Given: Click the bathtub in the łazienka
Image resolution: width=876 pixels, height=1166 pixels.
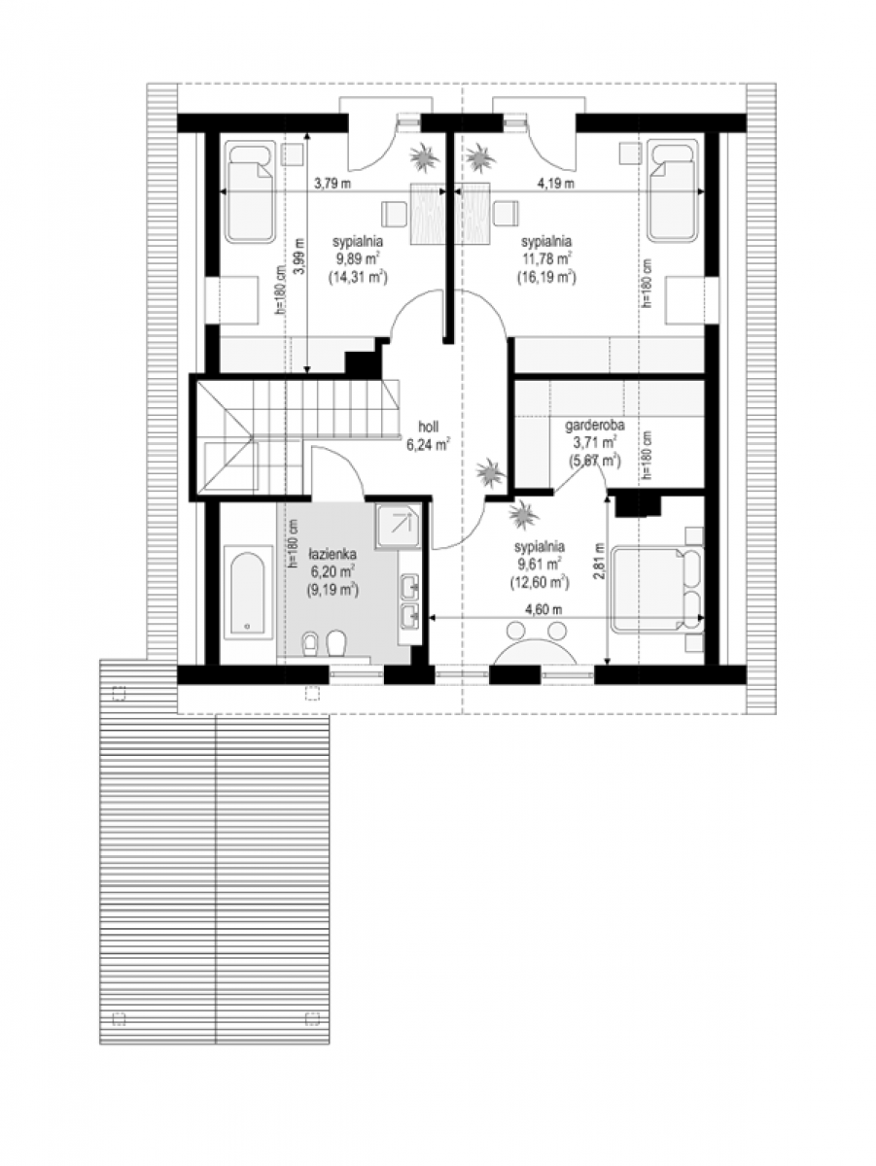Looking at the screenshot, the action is pyautogui.click(x=247, y=593).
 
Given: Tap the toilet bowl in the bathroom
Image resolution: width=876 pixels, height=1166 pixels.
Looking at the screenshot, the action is pyautogui.click(x=335, y=643).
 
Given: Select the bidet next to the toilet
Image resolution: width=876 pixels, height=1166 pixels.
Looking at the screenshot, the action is pyautogui.click(x=310, y=644).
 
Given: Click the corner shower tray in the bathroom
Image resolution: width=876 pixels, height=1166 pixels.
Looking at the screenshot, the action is pyautogui.click(x=398, y=527).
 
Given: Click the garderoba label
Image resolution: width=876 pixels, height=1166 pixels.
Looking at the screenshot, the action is pyautogui.click(x=594, y=425).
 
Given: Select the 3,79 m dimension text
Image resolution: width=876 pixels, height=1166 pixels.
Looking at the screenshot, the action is pyautogui.click(x=333, y=184).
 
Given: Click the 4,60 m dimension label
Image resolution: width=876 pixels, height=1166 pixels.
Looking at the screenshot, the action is pyautogui.click(x=543, y=609).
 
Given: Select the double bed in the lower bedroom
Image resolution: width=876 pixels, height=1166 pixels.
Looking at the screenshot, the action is pyautogui.click(x=657, y=590).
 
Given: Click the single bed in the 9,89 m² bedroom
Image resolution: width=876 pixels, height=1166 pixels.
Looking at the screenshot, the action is pyautogui.click(x=250, y=191).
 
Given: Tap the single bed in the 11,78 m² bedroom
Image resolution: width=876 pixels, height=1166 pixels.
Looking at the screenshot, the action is pyautogui.click(x=673, y=191).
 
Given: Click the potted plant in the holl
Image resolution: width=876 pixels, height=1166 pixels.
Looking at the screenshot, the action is pyautogui.click(x=490, y=471).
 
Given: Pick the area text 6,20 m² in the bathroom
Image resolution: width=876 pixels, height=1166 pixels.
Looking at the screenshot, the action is pyautogui.click(x=333, y=571).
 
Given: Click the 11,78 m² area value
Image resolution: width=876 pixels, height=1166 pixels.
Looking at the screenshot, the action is pyautogui.click(x=546, y=258).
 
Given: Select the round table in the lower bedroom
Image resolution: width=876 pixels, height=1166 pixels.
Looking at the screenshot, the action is pyautogui.click(x=535, y=650).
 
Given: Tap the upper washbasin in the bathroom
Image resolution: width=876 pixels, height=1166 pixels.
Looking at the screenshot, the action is pyautogui.click(x=410, y=587).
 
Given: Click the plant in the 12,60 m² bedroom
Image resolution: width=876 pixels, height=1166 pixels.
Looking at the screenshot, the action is pyautogui.click(x=523, y=515).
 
